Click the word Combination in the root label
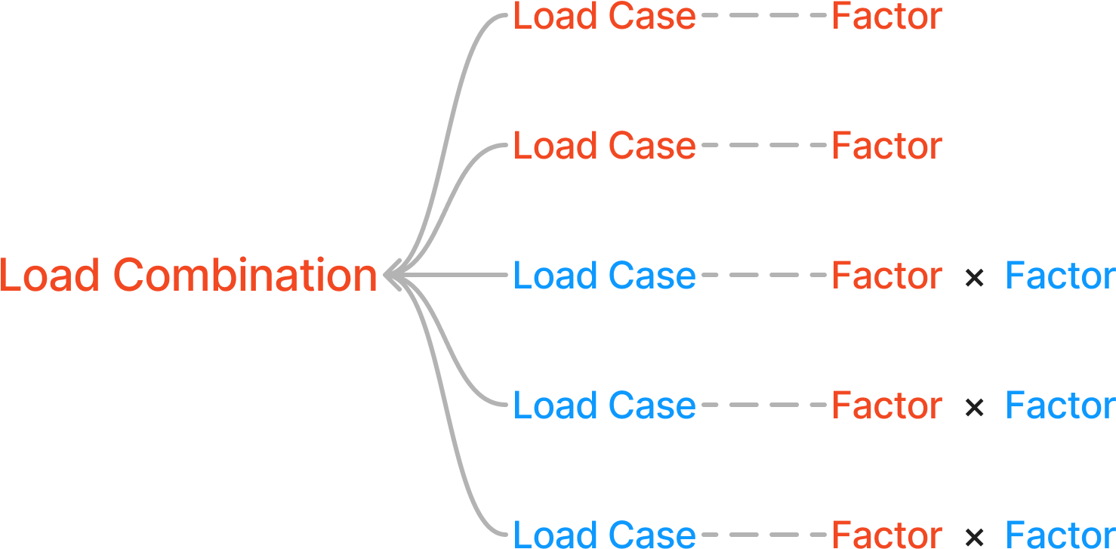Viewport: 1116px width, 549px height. [245, 276]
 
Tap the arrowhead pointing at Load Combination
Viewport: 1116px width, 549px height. [392, 276]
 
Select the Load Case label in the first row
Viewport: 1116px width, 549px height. [604, 17]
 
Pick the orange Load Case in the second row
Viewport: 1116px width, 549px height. [604, 146]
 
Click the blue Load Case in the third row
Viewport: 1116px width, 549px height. [604, 276]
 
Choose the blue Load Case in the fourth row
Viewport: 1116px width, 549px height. [604, 406]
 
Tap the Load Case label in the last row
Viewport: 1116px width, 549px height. [604, 534]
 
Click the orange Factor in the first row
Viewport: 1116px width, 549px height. [886, 17]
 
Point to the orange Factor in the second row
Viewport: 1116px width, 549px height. [886, 146]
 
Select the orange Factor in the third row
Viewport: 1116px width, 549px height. [886, 276]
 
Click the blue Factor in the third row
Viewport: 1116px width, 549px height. [1060, 276]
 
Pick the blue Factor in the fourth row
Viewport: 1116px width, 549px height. [1060, 406]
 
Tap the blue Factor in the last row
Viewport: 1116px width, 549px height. [1060, 534]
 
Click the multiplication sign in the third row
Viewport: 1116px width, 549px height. [974, 278]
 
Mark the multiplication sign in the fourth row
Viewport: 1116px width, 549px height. [974, 408]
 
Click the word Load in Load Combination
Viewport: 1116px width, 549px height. [50, 276]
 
